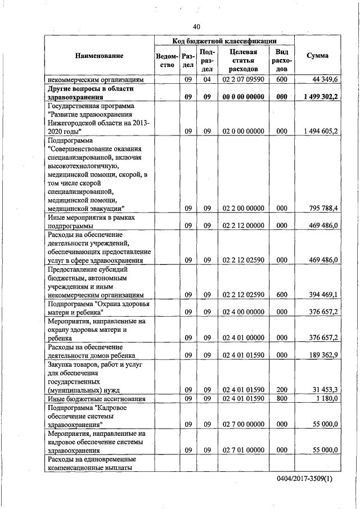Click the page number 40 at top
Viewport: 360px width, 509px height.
(196, 26)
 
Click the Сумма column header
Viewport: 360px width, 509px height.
(317, 56)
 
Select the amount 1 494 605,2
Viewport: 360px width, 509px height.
(319, 130)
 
